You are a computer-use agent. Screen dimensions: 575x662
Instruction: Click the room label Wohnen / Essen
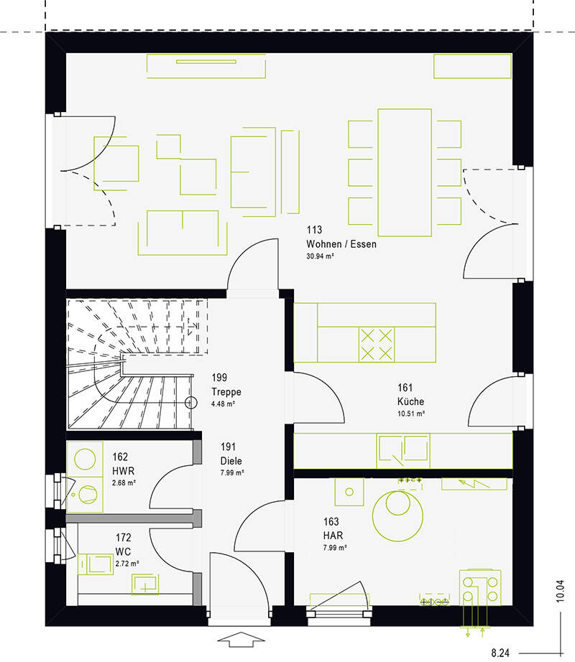tap(341, 244)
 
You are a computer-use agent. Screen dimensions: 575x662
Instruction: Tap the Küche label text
tap(410, 401)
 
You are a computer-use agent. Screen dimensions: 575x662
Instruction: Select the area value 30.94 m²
tap(321, 256)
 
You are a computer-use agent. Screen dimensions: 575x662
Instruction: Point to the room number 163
tap(331, 522)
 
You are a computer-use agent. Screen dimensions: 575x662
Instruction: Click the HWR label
tap(123, 471)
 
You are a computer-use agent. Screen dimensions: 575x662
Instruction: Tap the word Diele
tap(231, 461)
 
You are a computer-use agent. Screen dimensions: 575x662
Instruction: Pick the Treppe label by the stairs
tap(226, 392)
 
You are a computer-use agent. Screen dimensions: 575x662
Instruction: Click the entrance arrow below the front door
tap(241, 639)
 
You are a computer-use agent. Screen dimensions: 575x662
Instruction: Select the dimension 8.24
tap(500, 653)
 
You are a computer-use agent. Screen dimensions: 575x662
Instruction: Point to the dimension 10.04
tap(560, 591)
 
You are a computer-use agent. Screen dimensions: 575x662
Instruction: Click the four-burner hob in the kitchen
tap(377, 345)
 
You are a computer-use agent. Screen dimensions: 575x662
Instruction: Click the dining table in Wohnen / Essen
tap(405, 172)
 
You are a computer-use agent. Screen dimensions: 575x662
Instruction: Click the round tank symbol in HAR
tap(397, 516)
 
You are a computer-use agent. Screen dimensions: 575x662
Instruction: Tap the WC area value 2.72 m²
tap(127, 564)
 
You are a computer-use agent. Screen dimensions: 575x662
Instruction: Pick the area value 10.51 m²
tap(411, 414)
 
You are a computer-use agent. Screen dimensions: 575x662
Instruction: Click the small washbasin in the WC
tap(145, 584)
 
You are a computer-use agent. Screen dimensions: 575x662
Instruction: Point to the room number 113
tap(314, 230)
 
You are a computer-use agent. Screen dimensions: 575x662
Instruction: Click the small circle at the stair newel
tap(191, 403)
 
